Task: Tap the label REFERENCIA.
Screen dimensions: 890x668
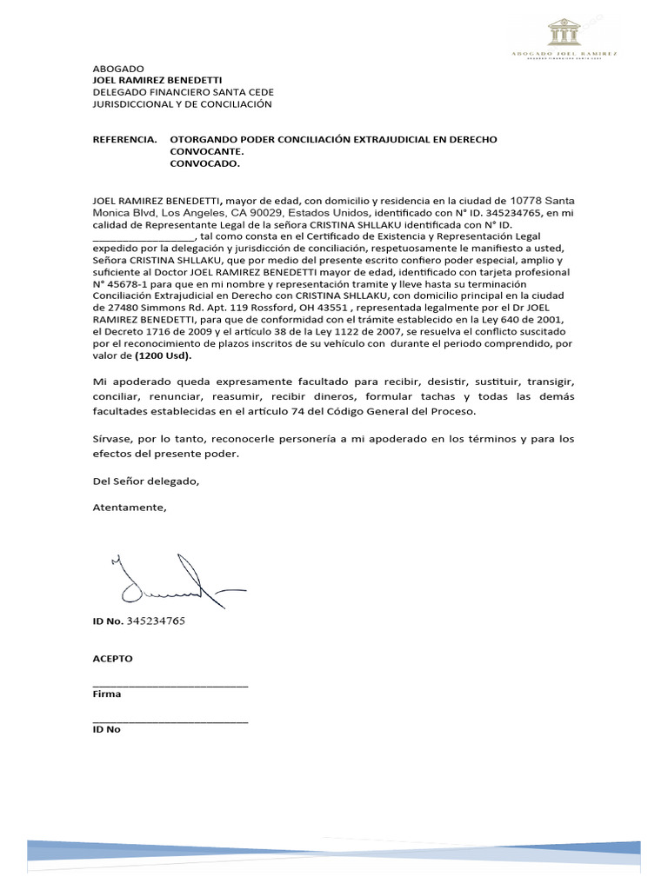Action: pos(125,139)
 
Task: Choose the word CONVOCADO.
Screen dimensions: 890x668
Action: pos(204,163)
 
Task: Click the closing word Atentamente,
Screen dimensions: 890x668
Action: pos(129,508)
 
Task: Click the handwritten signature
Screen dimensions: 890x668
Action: pos(165,581)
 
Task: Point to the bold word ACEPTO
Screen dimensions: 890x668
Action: pos(112,659)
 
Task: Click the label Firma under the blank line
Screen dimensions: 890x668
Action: pos(107,694)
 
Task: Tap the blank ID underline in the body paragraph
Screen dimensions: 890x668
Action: pos(144,236)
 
